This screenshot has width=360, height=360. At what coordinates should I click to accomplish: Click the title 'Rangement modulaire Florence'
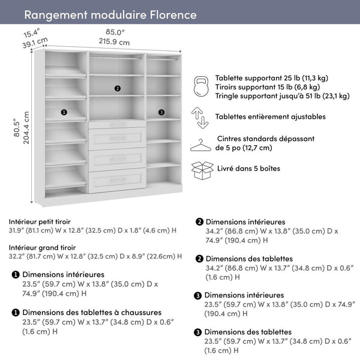[x=110, y=14]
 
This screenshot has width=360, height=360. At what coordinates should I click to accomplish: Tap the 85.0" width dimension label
[x=115, y=32]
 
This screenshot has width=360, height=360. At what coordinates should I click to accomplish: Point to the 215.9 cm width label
[x=114, y=42]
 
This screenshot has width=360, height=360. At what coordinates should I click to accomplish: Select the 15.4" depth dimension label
[x=32, y=32]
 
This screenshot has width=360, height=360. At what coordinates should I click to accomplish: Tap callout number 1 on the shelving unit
[x=64, y=112]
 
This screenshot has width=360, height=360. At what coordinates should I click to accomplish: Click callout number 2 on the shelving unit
[x=117, y=88]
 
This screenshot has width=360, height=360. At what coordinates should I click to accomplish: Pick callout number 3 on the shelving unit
[x=161, y=112]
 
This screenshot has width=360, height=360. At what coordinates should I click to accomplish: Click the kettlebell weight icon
[x=200, y=86]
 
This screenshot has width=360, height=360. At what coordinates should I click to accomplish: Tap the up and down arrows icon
[x=200, y=117]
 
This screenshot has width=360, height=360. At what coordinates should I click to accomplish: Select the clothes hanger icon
[x=201, y=145]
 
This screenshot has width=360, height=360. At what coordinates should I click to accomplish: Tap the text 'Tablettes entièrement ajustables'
[x=271, y=116]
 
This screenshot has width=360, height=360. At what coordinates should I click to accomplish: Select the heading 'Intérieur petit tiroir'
[x=44, y=221]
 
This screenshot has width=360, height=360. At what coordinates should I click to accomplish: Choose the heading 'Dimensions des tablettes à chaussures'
[x=92, y=312]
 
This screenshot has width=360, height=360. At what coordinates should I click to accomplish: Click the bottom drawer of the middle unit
[x=118, y=180]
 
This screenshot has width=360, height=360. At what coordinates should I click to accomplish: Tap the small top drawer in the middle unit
[x=118, y=124]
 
